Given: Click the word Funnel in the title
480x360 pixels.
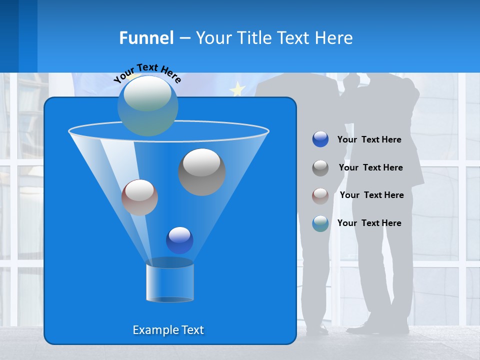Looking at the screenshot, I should point(146,38).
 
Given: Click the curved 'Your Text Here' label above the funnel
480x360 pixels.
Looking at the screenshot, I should point(147,73).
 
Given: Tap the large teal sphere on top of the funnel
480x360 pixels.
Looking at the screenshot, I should point(148,105).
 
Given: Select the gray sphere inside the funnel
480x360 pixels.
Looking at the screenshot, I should point(202,172).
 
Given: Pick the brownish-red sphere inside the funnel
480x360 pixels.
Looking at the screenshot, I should point(139,197).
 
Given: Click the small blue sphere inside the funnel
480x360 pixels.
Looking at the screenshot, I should point(179,240).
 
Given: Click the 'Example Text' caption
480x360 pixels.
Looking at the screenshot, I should point(168,330).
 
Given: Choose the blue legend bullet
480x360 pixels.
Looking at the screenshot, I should point(320,139).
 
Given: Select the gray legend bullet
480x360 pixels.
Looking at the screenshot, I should point(320,168).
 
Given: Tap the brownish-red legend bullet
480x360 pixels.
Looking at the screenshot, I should point(320,195).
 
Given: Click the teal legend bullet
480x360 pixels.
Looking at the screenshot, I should point(320,223).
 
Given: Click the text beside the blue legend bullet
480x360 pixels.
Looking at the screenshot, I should point(369,139).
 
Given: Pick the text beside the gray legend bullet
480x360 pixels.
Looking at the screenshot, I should point(370,167).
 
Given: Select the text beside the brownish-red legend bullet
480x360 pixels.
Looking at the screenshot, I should point(371,195).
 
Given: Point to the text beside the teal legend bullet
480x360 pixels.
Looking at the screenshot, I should point(369,223).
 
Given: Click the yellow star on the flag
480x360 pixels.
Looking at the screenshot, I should point(237,89).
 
